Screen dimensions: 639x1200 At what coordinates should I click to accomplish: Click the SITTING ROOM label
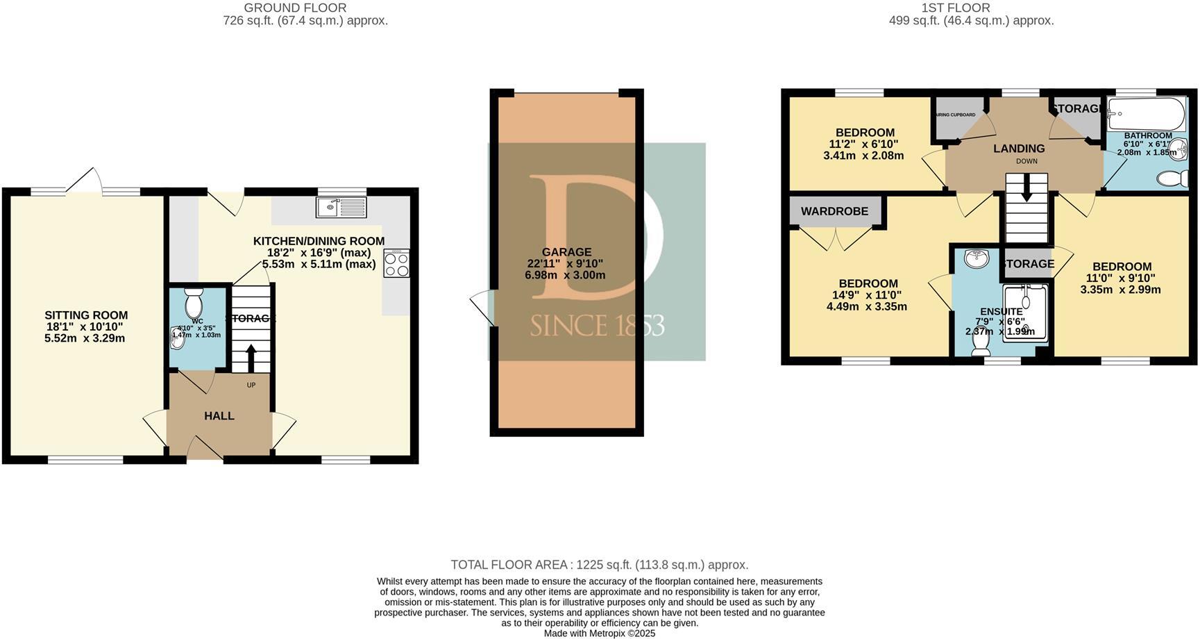coord(86,315)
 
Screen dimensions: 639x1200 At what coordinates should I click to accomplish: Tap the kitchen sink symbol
coord(341,207)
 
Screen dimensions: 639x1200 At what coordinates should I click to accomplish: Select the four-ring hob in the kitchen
coord(396,263)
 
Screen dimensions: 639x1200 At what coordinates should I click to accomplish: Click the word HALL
coord(219,416)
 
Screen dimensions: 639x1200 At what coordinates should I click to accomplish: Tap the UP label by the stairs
coord(251,385)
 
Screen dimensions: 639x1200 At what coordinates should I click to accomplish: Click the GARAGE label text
coord(566,252)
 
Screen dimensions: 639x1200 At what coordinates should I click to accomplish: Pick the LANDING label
coord(1018,149)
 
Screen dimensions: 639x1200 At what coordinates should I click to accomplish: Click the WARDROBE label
coord(834,211)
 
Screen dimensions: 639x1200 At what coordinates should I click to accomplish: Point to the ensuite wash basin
coord(978,258)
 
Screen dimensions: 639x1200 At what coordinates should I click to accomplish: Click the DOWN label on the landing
coord(1026,161)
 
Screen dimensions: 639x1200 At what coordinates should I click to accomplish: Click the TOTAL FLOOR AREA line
coord(599,565)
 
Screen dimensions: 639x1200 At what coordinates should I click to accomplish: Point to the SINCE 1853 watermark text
coord(597,325)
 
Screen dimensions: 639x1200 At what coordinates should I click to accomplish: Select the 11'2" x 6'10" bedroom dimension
coord(863,144)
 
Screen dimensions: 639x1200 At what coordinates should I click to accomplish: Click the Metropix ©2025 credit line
coord(599,633)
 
